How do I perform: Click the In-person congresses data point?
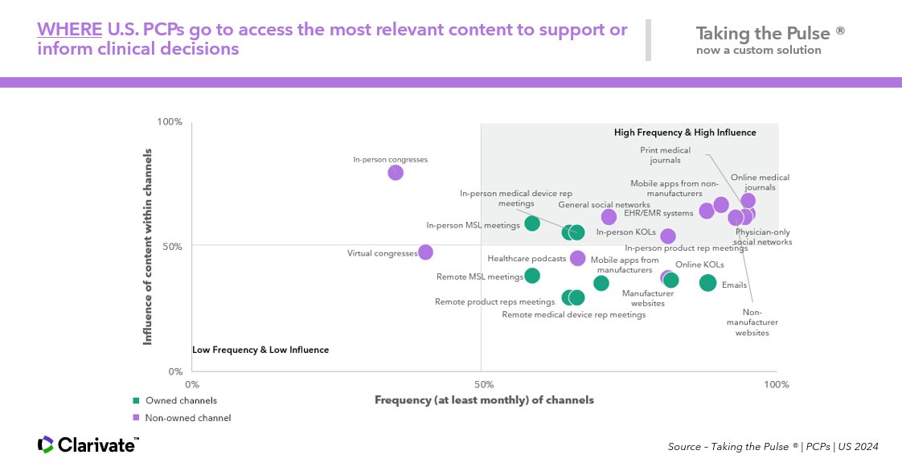[396, 173]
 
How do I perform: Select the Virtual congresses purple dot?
[425, 252]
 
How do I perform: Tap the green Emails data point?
[707, 283]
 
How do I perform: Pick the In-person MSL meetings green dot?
[532, 223]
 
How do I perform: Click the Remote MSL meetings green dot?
[532, 276]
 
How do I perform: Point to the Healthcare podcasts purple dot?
[577, 258]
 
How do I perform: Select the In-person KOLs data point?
[668, 236]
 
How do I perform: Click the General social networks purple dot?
[609, 217]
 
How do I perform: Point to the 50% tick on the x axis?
[481, 384]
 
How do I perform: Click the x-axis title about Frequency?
[484, 400]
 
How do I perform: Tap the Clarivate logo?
[88, 444]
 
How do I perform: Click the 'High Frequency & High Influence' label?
[685, 133]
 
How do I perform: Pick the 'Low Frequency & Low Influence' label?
[260, 350]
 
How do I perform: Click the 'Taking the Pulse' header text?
[769, 33]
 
